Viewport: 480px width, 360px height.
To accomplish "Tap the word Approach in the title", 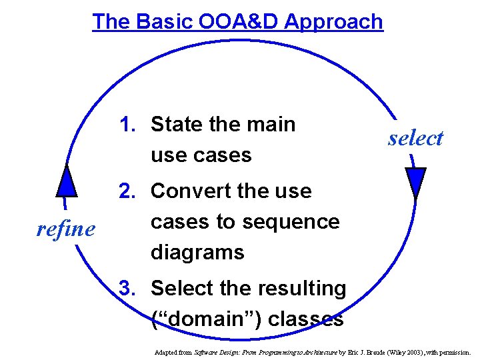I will (x=333, y=22).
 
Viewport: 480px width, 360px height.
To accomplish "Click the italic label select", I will (x=415, y=138).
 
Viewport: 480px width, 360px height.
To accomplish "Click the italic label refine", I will (x=65, y=229).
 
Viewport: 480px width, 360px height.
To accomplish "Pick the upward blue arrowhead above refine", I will (x=65, y=180).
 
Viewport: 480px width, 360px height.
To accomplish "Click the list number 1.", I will (x=127, y=124).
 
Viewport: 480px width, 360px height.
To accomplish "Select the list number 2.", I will (x=127, y=191).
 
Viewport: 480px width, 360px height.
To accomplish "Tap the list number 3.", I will (x=127, y=288).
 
